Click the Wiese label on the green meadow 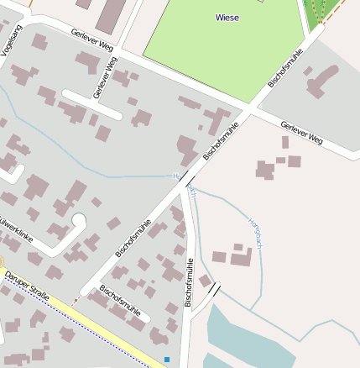227,17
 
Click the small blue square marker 167,360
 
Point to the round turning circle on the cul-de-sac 79,222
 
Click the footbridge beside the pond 216,290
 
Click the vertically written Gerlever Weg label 106,78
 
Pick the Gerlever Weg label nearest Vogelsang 92,40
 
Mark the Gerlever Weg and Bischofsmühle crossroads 249,109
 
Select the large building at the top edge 112,14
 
